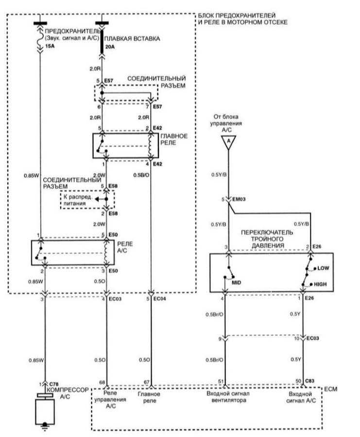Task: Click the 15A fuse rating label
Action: [x=50, y=46]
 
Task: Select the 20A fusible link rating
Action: [x=110, y=47]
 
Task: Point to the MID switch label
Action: [x=237, y=283]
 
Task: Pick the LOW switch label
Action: [x=323, y=268]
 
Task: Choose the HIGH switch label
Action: [x=320, y=284]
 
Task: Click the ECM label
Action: [x=331, y=389]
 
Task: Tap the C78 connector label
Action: [x=54, y=384]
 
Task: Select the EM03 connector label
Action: [x=239, y=199]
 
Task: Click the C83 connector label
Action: [x=310, y=381]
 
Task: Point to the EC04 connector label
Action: [x=159, y=299]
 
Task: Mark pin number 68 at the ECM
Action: [x=102, y=383]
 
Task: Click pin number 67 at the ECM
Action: [x=147, y=383]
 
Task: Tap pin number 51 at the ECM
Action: [x=221, y=381]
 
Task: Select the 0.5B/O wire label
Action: [x=141, y=175]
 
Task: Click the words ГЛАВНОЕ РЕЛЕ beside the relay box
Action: [x=174, y=139]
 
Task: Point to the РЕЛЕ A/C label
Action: [x=125, y=247]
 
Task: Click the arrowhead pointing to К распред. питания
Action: [x=97, y=199]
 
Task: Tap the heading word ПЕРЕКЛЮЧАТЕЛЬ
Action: [x=267, y=233]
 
